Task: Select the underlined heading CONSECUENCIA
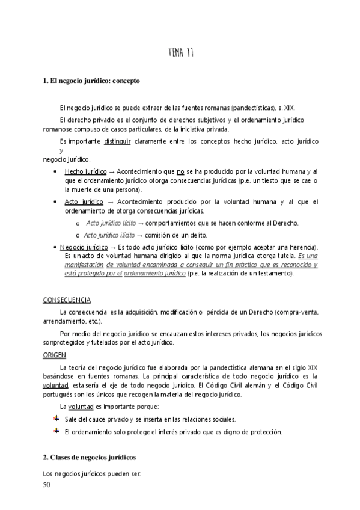67,300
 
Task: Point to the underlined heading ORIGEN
54,355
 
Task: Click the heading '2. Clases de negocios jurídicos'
90,457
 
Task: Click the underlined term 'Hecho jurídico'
85,171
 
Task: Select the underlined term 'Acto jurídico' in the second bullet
84,201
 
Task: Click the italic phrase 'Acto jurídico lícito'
111,223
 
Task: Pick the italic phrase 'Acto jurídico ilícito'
112,235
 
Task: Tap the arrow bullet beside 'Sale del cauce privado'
56,419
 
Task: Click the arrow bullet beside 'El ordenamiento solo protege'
56,431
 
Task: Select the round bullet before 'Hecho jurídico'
55,171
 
